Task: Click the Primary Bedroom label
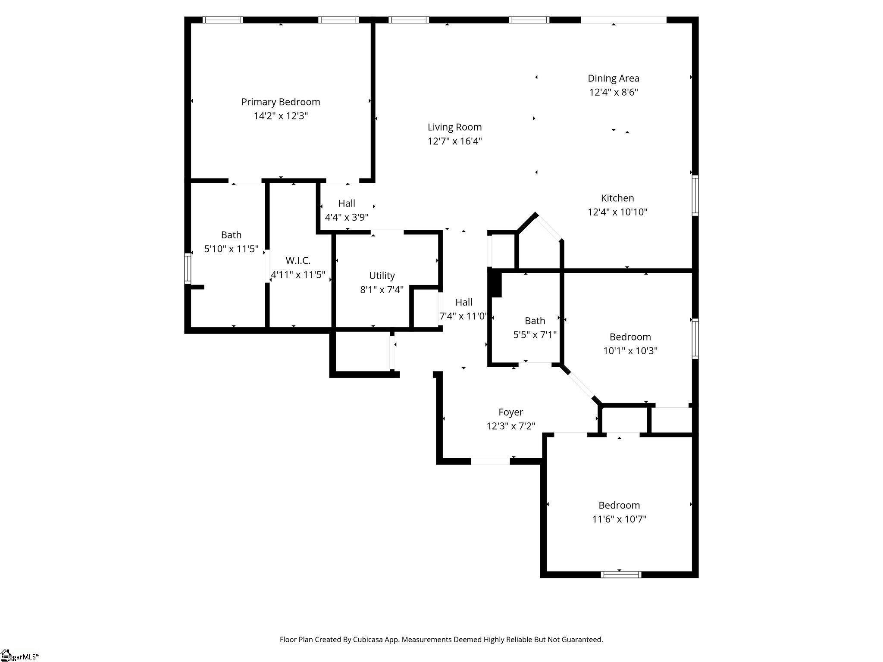point(281,102)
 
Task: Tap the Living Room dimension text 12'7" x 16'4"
point(454,141)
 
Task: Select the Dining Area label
point(613,78)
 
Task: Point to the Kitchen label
point(617,198)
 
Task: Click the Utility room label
point(382,275)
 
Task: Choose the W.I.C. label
point(297,261)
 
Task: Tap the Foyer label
point(510,412)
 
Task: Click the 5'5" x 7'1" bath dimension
point(535,334)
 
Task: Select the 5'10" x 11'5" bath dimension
point(231,249)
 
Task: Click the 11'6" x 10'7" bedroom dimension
point(619,519)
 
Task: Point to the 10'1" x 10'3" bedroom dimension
point(630,350)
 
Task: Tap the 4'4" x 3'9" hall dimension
point(346,217)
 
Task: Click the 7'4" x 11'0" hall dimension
point(463,316)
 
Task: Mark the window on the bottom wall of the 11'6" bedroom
point(621,574)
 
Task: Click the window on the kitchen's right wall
point(695,195)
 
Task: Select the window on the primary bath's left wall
point(188,269)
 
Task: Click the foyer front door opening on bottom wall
point(490,461)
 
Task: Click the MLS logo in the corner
point(19,656)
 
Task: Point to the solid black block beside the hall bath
point(496,283)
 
